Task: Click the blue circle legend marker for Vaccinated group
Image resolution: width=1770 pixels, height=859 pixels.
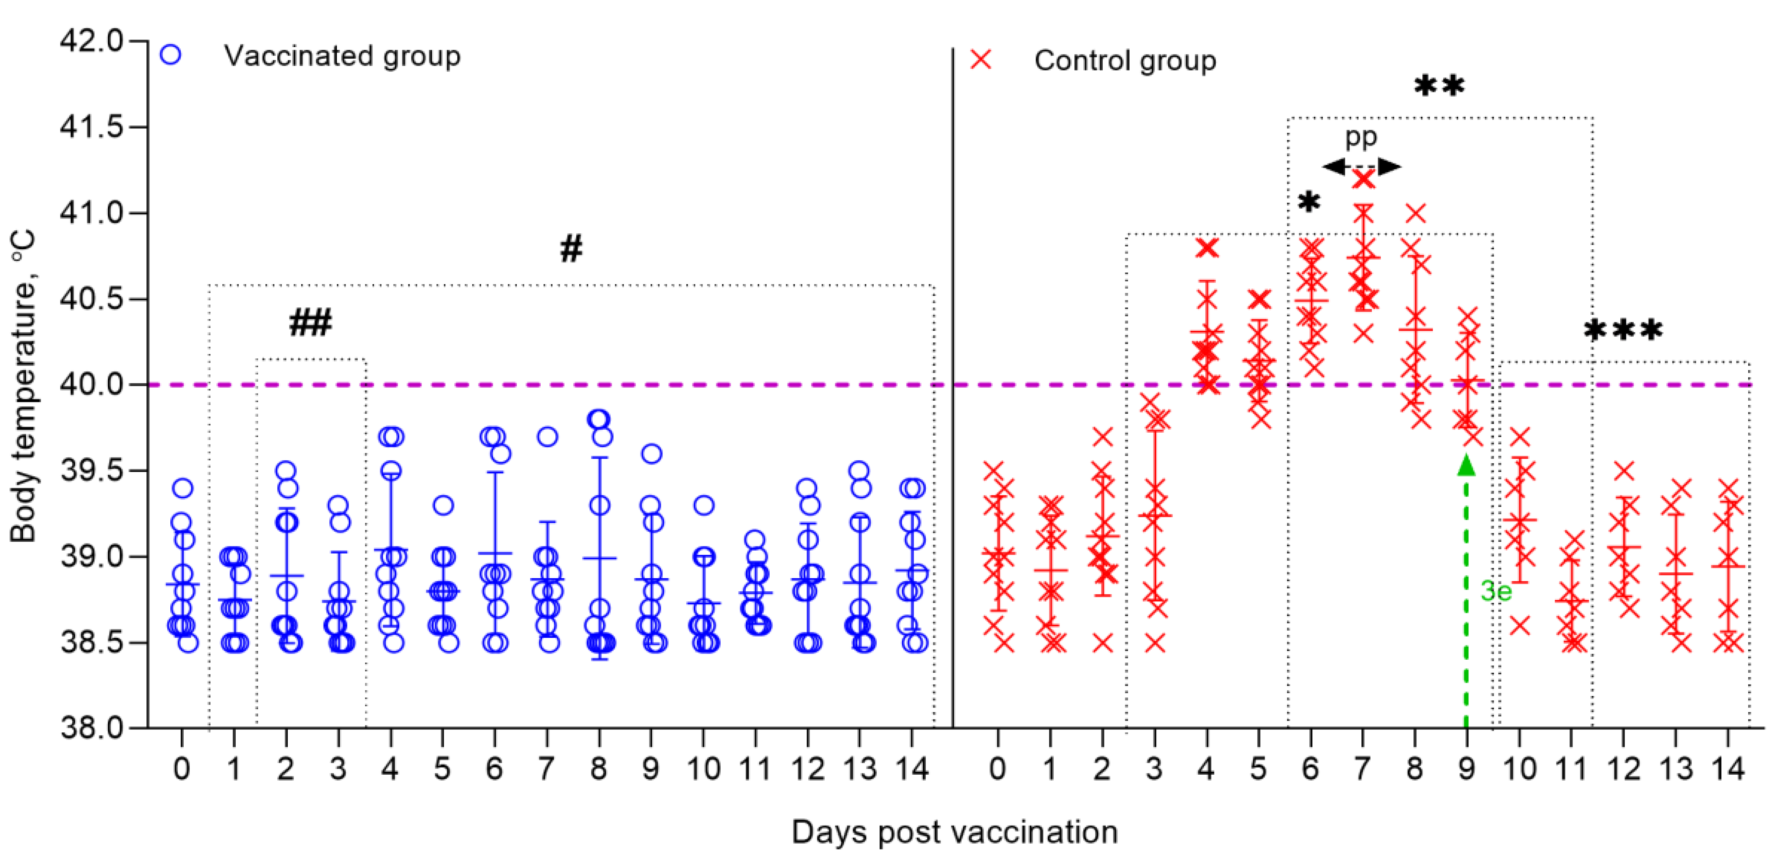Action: point(170,55)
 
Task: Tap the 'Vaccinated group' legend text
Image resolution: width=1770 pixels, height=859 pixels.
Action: point(341,56)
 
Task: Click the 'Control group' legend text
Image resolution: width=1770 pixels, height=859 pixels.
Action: point(1125,60)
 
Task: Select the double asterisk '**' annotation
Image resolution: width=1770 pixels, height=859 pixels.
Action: point(1439,86)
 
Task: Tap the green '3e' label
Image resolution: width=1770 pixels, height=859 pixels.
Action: point(1495,591)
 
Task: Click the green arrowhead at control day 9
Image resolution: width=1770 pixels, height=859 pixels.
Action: point(1466,465)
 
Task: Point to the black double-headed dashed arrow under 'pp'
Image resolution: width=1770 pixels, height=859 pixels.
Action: point(1361,166)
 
